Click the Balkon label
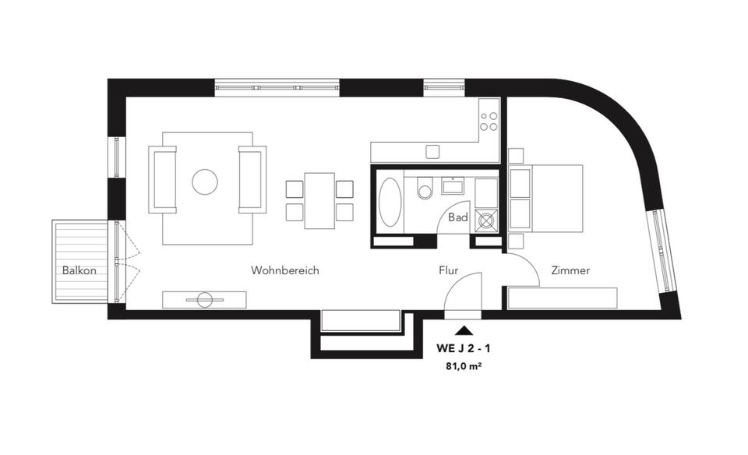click(x=79, y=271)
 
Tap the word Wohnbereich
click(x=285, y=271)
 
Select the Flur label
click(x=448, y=271)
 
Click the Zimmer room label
click(x=570, y=271)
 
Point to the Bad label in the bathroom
click(x=458, y=218)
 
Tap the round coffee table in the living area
click(x=206, y=182)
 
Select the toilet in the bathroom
click(x=425, y=189)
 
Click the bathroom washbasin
click(x=453, y=185)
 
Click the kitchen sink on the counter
click(x=432, y=150)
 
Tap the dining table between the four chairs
click(x=319, y=200)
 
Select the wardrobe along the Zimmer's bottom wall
click(x=563, y=298)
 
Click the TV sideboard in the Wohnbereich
click(x=204, y=299)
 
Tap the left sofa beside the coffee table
click(x=164, y=179)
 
